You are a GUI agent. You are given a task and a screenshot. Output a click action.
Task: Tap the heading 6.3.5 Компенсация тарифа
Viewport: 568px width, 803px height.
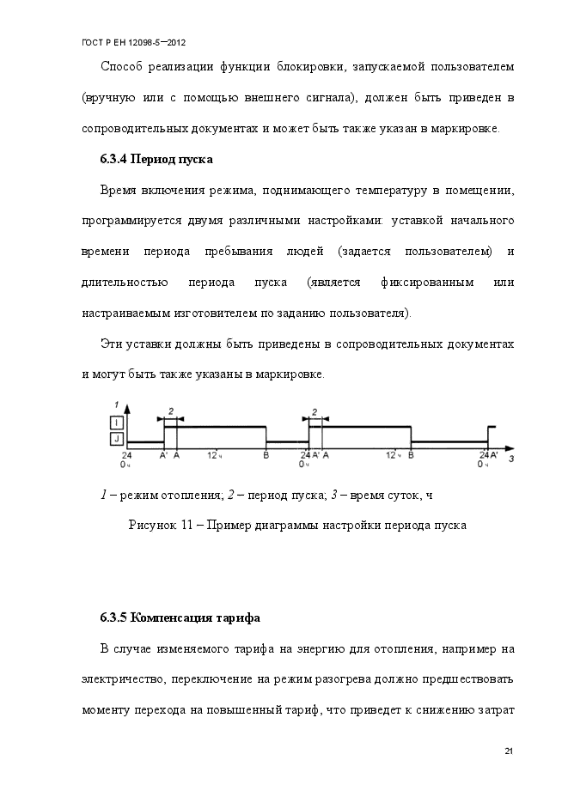[x=180, y=617]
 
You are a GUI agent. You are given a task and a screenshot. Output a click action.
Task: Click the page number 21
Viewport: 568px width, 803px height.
[x=508, y=752]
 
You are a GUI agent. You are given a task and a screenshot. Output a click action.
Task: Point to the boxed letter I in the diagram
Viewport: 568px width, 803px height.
[x=116, y=422]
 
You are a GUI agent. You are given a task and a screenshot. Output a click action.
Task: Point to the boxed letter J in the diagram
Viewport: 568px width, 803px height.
[x=116, y=438]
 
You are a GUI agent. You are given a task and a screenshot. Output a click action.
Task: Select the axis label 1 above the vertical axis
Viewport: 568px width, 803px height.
[x=115, y=404]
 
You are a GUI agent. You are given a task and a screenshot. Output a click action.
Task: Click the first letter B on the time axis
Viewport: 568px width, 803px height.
[x=266, y=454]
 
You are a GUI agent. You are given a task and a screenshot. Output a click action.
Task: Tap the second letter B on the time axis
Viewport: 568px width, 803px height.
[x=411, y=454]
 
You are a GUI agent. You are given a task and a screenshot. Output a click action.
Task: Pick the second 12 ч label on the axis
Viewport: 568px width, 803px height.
[x=392, y=454]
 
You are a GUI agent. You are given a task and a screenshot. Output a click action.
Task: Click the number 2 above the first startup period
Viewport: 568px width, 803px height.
[x=170, y=411]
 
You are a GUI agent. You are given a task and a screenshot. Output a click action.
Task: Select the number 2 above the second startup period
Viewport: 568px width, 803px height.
[x=315, y=411]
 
